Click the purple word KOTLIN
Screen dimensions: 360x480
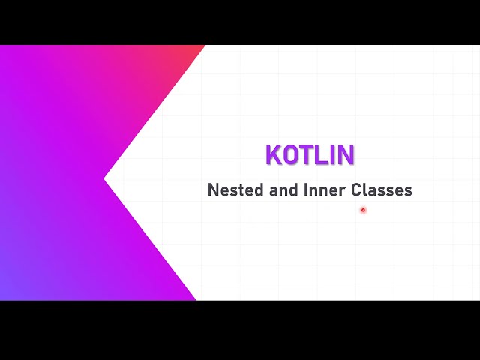310,155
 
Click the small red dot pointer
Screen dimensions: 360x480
363,210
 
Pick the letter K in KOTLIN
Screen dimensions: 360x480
274,155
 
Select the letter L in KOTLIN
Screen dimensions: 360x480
321,155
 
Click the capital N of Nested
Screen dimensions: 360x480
213,190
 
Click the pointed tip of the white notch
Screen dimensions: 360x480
106,178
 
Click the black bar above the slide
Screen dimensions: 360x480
240,22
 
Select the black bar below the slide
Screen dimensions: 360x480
240,330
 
